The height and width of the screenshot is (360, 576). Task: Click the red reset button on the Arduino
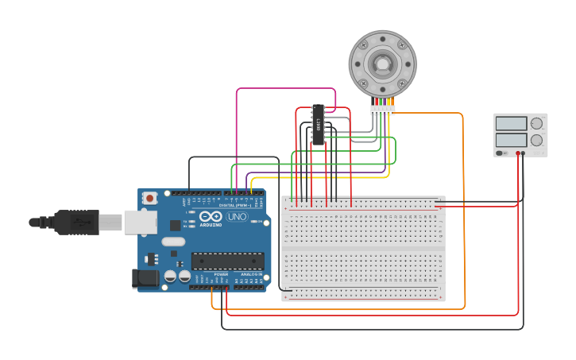tap(149, 198)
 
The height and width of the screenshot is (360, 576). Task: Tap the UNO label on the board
tap(237, 216)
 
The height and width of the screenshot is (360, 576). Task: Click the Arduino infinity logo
tap(211, 216)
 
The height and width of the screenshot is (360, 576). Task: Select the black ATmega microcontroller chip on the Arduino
tap(227, 261)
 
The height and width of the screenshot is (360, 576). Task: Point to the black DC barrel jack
tap(144, 277)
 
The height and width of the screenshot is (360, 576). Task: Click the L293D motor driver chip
tap(318, 125)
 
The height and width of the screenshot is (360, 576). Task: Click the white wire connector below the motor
tap(382, 110)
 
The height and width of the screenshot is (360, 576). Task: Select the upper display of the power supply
tap(511, 124)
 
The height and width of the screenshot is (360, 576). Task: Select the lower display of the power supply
tap(511, 140)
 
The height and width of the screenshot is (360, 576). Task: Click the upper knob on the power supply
tap(537, 124)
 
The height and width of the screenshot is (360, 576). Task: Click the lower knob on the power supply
tap(537, 140)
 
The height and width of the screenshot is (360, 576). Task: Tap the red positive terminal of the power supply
tap(517, 153)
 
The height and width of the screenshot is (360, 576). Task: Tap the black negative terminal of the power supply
tap(523, 153)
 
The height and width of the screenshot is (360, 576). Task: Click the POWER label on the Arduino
tap(221, 274)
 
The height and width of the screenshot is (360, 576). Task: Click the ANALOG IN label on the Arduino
tap(250, 274)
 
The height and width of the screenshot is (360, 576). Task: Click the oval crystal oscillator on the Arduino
tap(173, 242)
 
